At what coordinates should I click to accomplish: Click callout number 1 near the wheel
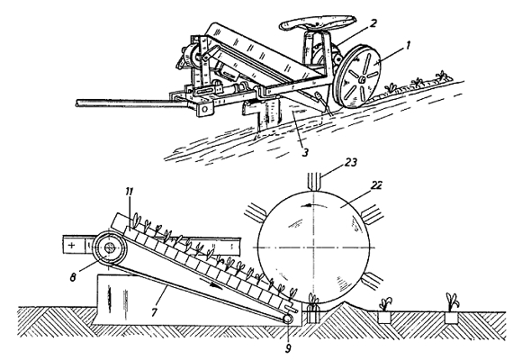click(409, 45)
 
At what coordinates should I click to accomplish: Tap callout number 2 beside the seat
click(373, 23)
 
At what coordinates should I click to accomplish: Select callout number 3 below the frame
click(305, 151)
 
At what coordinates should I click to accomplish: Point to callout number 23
click(350, 162)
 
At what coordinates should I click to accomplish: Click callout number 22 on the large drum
click(377, 185)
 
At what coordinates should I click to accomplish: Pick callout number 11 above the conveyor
click(130, 193)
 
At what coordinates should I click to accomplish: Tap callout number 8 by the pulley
click(73, 276)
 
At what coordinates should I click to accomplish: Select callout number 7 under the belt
click(154, 312)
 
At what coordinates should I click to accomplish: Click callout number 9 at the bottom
click(288, 347)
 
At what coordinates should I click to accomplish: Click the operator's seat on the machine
click(318, 24)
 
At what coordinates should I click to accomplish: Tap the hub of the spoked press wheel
click(361, 79)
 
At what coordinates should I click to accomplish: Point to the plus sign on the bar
click(72, 246)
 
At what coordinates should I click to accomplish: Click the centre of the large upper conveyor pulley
click(110, 247)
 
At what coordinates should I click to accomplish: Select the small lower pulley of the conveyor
click(287, 318)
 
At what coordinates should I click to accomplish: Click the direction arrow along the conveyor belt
click(210, 282)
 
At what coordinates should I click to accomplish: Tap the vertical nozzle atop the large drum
click(314, 182)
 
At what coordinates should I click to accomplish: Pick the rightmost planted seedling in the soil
click(452, 301)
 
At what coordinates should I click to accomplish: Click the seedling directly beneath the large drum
click(313, 299)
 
